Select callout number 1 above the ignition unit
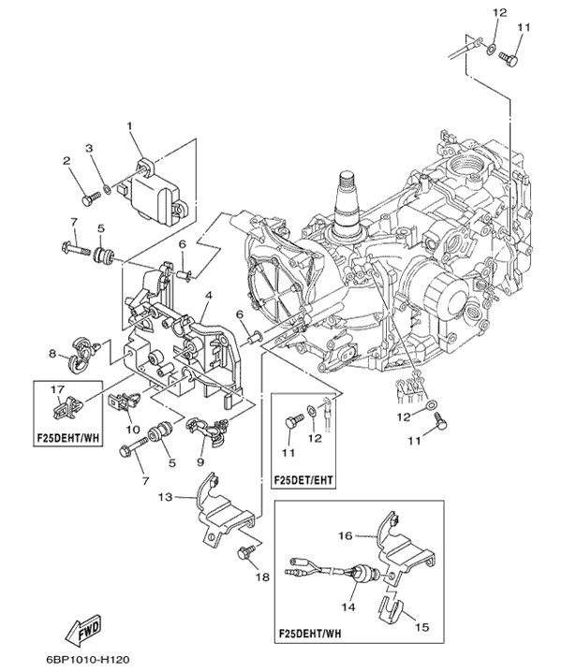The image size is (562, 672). point(130,124)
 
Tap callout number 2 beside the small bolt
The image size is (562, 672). point(67,161)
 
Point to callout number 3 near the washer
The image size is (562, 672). point(89,148)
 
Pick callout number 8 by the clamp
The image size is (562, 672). point(52,354)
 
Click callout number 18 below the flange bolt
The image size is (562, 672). point(262,577)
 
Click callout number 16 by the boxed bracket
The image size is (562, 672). point(345,536)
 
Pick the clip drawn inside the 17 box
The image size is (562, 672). point(67,407)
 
